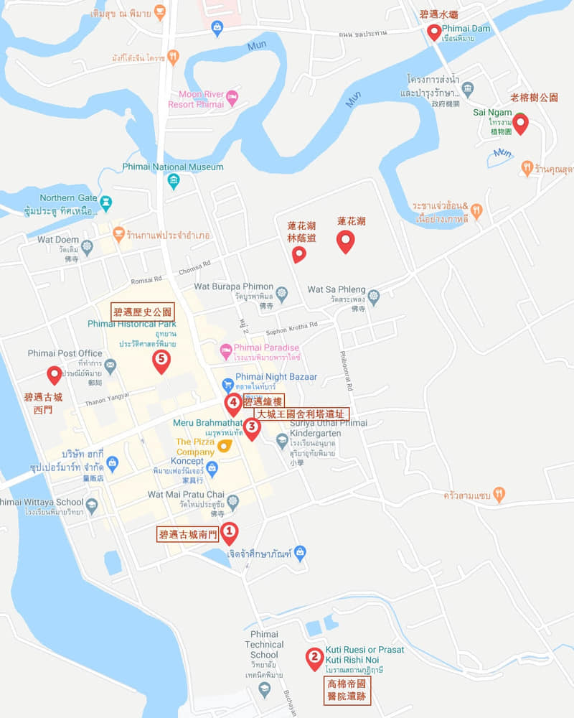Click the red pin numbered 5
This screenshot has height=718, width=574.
point(161,360)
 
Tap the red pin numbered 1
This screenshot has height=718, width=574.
point(229,533)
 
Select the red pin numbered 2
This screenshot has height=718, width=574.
point(314,657)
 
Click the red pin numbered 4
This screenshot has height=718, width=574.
point(233,403)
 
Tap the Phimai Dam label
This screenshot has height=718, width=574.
point(461,28)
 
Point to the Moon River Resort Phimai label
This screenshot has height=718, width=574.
point(196,99)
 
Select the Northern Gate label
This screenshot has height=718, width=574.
point(68,198)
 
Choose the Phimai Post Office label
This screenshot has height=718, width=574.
point(65,353)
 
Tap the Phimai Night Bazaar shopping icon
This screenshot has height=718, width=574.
point(227,384)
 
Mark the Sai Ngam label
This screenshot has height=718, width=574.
point(492,112)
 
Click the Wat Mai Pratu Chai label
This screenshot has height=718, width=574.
point(187,495)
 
